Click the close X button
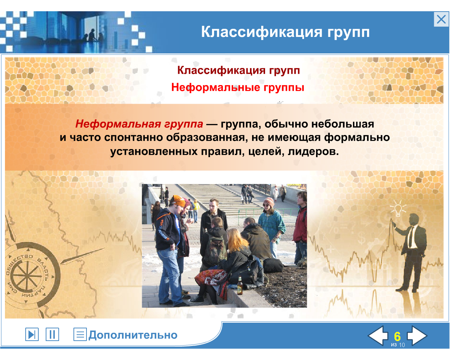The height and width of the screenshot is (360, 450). pyautogui.click(x=441, y=19)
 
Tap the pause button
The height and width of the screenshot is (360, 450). pyautogui.click(x=52, y=334)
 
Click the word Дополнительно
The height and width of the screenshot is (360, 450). pyautogui.click(x=133, y=335)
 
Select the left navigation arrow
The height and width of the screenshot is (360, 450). pyautogui.click(x=378, y=336)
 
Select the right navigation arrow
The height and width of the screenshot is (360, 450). pyautogui.click(x=417, y=336)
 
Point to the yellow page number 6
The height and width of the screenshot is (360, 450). pyautogui.click(x=397, y=336)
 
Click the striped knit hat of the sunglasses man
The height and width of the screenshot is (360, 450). pyautogui.click(x=268, y=202)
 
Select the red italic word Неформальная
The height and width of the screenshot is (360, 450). pyautogui.click(x=118, y=124)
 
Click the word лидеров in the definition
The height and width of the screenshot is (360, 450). pyautogui.click(x=313, y=152)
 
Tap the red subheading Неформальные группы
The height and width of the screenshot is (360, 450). pyautogui.click(x=238, y=88)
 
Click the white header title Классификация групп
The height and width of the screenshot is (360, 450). pyautogui.click(x=285, y=32)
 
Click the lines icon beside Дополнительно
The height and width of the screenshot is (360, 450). pyautogui.click(x=80, y=334)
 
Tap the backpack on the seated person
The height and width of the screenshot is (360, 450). pyautogui.click(x=215, y=251)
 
